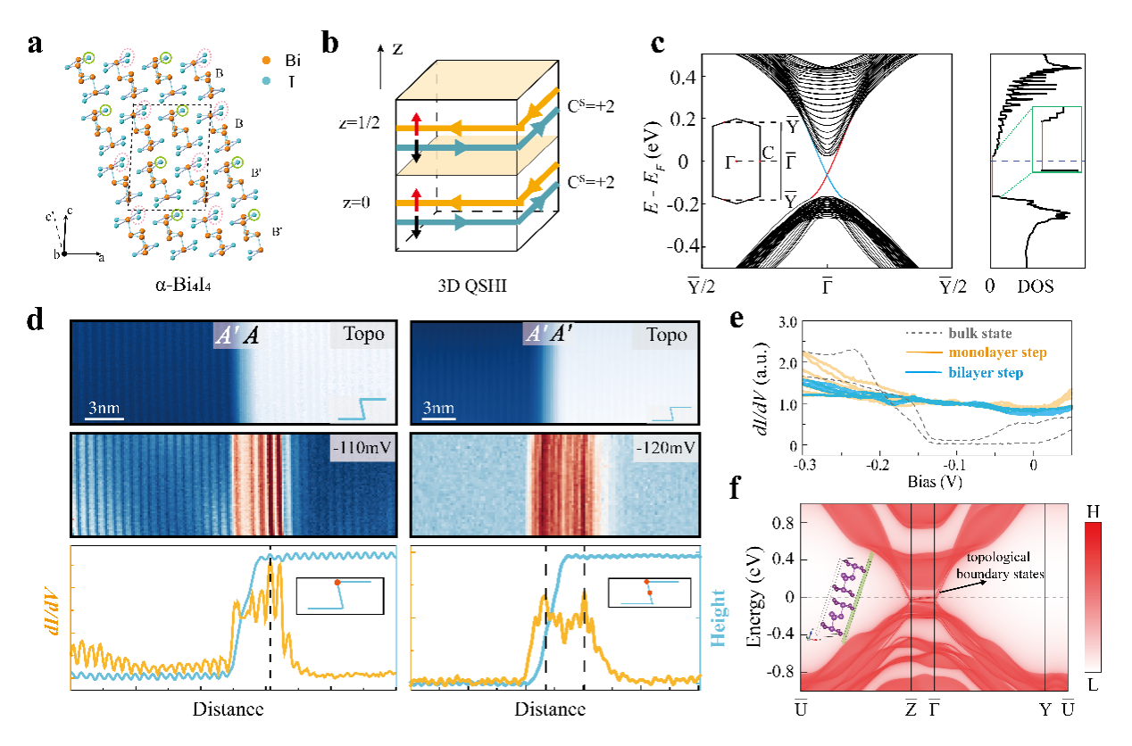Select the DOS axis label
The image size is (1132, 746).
click(x=1036, y=288)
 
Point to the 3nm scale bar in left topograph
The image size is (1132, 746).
click(x=104, y=409)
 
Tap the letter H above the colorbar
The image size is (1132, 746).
click(x=1101, y=507)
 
